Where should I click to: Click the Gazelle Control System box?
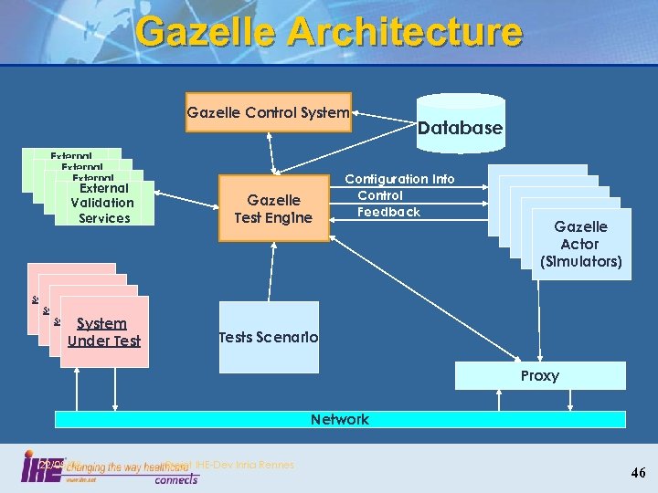pos(268,113)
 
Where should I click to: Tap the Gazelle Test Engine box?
pos(273,208)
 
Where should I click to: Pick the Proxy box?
pos(540,375)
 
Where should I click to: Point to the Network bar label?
pos(339,419)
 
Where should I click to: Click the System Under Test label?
pos(102,332)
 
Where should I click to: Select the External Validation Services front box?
pos(101,203)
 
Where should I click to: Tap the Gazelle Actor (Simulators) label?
pos(580,244)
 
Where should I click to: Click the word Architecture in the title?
pos(406,32)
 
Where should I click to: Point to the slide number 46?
pos(638,472)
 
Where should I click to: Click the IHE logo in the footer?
pos(42,467)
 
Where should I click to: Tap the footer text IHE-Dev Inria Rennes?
pos(245,465)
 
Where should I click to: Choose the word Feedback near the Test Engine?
pos(389,212)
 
